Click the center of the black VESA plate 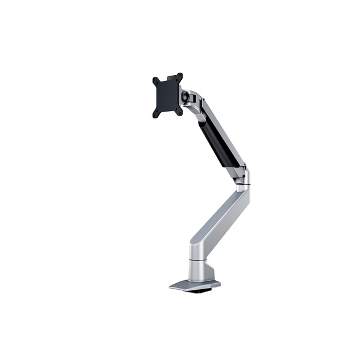(168, 95)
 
